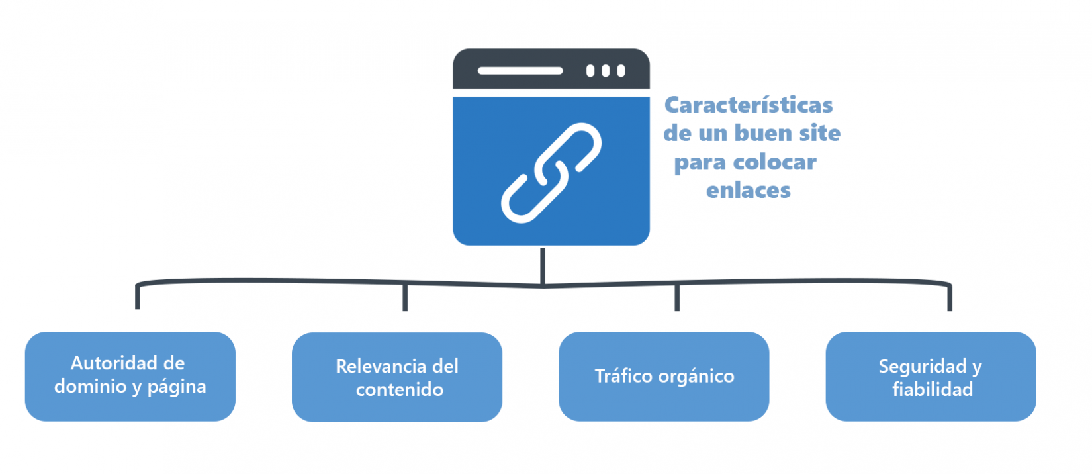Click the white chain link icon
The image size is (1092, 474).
551,172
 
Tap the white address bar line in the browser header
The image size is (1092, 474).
520,71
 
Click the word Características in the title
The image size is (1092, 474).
749,105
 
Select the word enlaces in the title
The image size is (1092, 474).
748,191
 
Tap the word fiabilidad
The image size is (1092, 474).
932,389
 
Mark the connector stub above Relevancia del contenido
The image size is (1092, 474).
405,297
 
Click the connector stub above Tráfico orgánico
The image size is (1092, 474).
677,297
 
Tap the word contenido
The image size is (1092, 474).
399,389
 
